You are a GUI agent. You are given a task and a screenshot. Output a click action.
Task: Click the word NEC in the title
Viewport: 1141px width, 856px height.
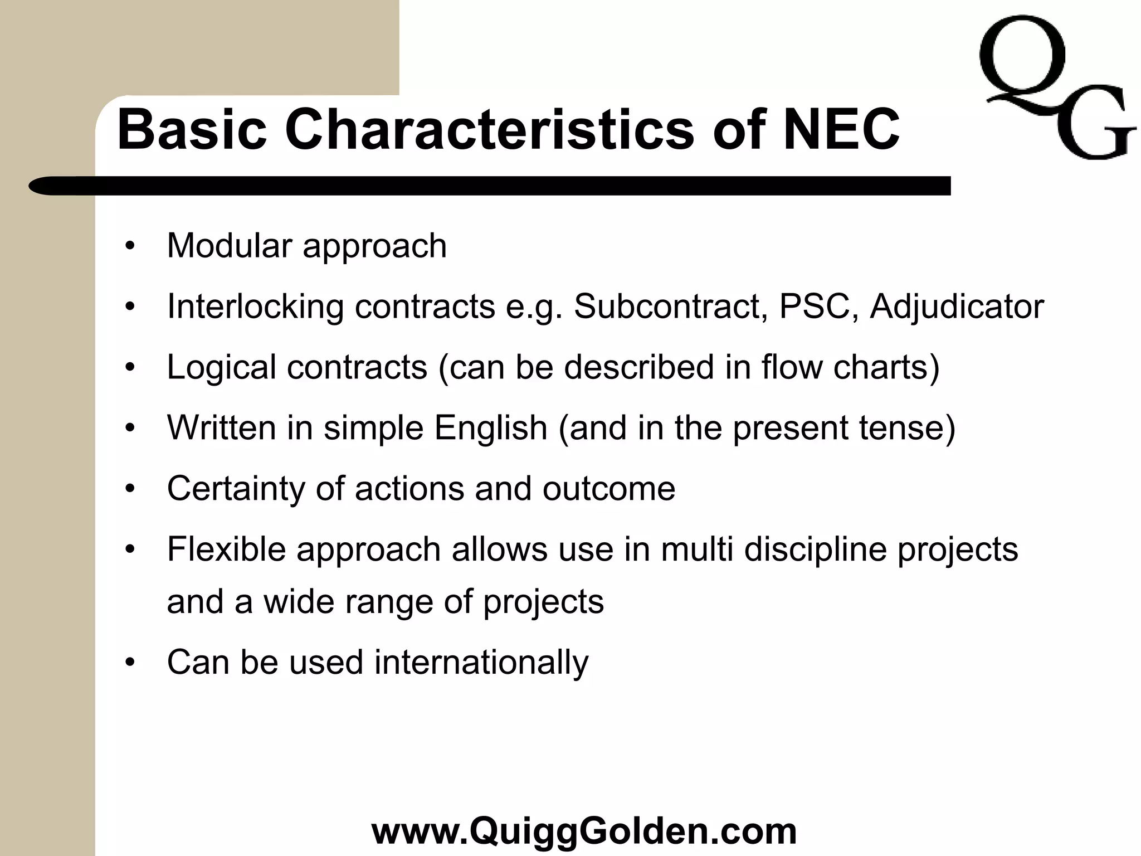pyautogui.click(x=841, y=130)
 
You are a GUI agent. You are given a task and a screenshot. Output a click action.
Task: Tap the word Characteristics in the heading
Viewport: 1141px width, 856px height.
pyautogui.click(x=490, y=130)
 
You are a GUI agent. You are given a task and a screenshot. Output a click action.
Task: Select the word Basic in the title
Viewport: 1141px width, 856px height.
pyautogui.click(x=192, y=130)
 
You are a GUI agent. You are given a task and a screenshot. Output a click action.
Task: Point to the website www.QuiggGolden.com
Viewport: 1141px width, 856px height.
pyautogui.click(x=584, y=830)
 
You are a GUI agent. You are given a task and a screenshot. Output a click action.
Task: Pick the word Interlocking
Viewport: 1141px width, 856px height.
pyautogui.click(x=255, y=307)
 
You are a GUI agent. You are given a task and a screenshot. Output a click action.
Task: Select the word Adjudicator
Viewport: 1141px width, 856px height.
pyautogui.click(x=957, y=307)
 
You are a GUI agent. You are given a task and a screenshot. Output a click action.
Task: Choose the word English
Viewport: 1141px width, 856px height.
pyautogui.click(x=491, y=429)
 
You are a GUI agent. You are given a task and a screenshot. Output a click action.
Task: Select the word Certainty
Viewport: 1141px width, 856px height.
pyautogui.click(x=236, y=489)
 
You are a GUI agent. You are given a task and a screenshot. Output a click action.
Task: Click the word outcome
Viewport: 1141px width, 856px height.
pyautogui.click(x=609, y=489)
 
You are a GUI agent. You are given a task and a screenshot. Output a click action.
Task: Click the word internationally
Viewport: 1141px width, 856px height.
pyautogui.click(x=481, y=662)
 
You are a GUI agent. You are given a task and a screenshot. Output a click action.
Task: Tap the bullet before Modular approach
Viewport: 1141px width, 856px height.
pyautogui.click(x=130, y=246)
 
